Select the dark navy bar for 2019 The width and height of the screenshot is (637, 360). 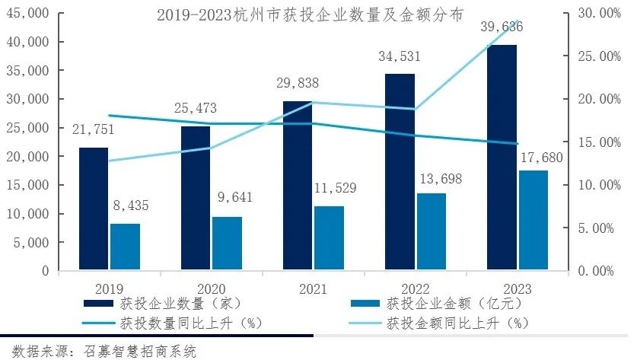[x=94, y=209]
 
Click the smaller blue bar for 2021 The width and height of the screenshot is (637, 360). [x=329, y=237]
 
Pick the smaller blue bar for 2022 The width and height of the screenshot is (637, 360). [x=431, y=231]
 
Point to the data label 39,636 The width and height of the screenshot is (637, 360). [x=502, y=28]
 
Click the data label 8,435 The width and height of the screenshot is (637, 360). [x=125, y=205]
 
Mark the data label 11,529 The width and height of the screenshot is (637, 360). [x=330, y=187]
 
